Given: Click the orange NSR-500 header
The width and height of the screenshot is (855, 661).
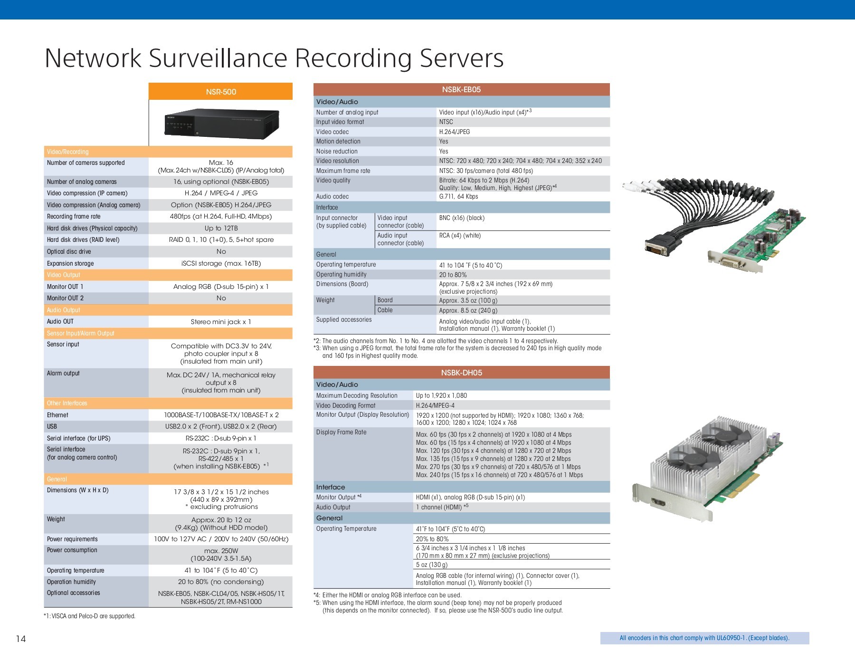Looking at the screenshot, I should (221, 92).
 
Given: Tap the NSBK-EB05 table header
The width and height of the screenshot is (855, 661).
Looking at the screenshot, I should (461, 89).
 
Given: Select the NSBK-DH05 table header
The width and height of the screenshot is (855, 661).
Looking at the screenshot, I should (461, 373).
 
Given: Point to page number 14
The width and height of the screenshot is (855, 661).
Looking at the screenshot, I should (21, 639).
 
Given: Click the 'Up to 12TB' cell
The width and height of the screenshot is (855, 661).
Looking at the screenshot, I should (221, 228).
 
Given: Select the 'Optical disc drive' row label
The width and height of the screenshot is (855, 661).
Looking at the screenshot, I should (69, 251).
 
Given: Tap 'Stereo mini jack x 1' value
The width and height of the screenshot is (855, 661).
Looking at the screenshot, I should (221, 322).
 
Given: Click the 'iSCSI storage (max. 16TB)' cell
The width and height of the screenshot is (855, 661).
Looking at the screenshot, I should (221, 263).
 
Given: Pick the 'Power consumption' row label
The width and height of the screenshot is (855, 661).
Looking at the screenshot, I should (72, 550).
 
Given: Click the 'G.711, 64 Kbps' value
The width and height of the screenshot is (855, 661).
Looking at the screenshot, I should (458, 197).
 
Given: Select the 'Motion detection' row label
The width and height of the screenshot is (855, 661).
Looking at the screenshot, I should (338, 141).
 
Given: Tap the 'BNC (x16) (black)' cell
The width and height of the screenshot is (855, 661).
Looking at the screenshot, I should (462, 218).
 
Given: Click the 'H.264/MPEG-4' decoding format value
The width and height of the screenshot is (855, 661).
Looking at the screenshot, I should (435, 405).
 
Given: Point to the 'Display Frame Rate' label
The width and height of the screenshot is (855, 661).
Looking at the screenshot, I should (341, 432).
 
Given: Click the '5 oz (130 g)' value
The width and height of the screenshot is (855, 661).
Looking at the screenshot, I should (432, 565).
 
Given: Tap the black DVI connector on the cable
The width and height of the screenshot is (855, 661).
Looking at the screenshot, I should (657, 245).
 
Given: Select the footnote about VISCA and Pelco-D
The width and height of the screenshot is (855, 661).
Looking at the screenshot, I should (89, 616).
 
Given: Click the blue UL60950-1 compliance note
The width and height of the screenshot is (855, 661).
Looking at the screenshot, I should (704, 638).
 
